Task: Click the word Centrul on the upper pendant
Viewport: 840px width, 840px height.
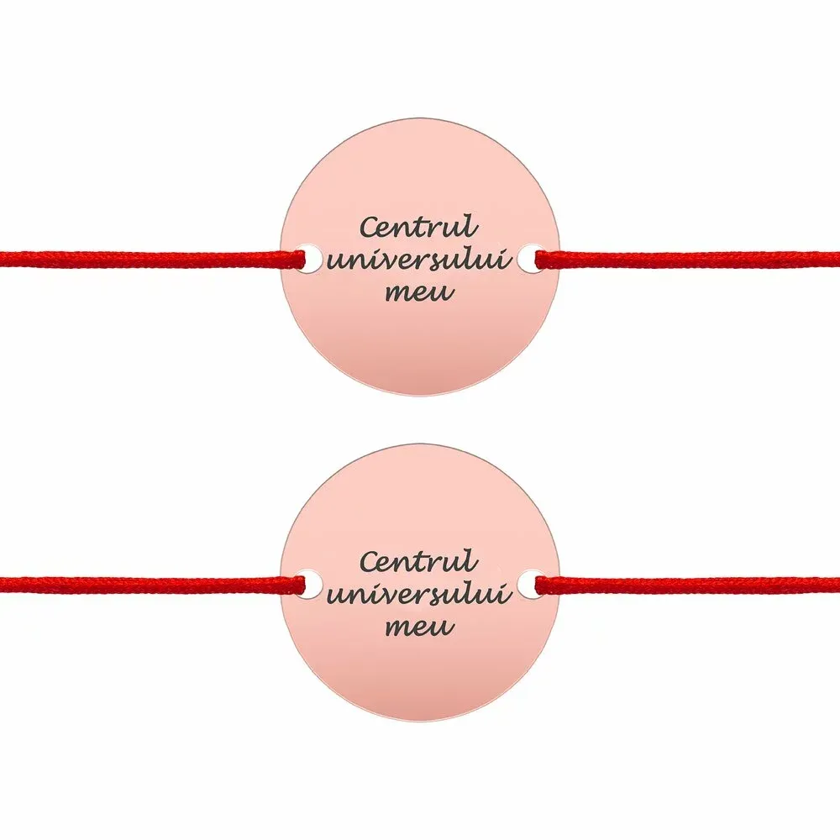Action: point(418,226)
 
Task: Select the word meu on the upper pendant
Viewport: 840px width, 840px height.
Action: point(419,292)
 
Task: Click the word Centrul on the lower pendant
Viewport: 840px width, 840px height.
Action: point(418,559)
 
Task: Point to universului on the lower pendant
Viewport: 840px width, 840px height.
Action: point(419,594)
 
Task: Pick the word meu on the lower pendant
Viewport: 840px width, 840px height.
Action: point(419,627)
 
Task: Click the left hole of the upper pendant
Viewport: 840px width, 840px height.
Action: point(308,259)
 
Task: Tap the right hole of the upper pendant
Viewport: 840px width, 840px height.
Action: point(531,259)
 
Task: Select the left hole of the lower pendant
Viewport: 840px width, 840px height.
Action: point(308,585)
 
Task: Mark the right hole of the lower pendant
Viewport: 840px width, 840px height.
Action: point(531,585)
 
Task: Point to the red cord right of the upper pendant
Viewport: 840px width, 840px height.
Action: point(687,259)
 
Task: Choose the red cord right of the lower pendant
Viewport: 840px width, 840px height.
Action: point(687,585)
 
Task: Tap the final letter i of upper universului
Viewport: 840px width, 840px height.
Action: point(507,260)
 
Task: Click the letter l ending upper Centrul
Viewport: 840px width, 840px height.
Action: point(471,225)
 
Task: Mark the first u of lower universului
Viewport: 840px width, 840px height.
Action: point(336,596)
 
